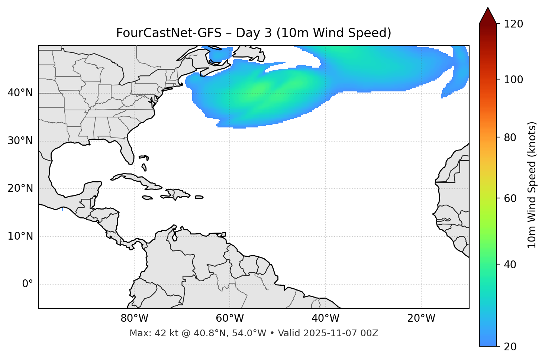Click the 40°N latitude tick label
[x=20, y=93]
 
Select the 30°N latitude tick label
[x=20, y=141]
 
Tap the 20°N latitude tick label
[x=20, y=188]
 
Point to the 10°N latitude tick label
[x=20, y=236]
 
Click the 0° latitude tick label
[x=27, y=284]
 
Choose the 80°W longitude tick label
[x=134, y=318]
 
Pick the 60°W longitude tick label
[x=230, y=318]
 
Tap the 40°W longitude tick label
[x=325, y=318]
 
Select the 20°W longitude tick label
[x=421, y=318]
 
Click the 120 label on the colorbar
[x=513, y=24]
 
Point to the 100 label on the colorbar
[x=513, y=80]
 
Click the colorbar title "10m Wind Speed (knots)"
[x=532, y=185]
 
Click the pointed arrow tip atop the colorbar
[x=488, y=9]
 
